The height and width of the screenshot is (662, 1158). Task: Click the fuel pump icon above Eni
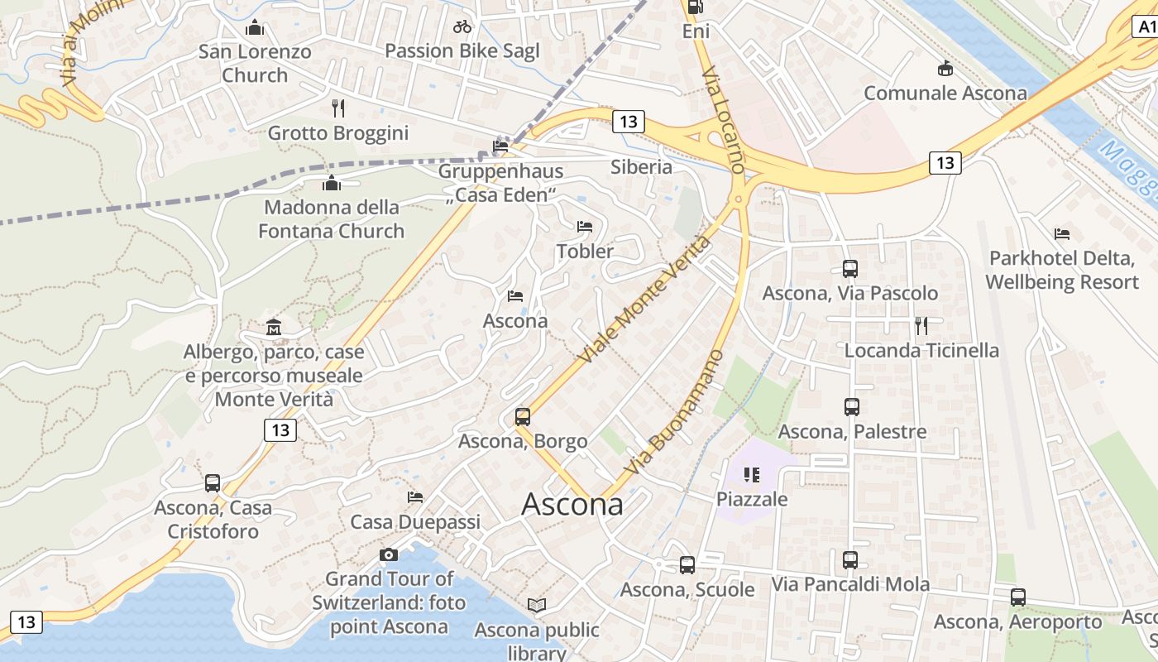click(x=696, y=7)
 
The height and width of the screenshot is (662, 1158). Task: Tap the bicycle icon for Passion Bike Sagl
click(x=462, y=26)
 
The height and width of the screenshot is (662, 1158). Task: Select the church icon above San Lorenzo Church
click(x=255, y=27)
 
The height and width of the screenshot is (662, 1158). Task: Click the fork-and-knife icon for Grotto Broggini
click(x=337, y=108)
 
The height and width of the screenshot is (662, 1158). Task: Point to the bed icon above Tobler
click(x=585, y=226)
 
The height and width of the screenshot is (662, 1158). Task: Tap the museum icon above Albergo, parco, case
click(x=274, y=328)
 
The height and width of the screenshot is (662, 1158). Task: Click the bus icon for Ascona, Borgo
click(x=523, y=416)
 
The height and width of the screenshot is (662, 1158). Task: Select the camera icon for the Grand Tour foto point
click(x=388, y=554)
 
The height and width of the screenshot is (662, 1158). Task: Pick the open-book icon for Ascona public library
click(x=537, y=606)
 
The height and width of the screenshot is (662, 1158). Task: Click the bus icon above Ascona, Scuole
click(x=687, y=565)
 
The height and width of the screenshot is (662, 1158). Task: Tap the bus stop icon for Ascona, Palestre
click(x=852, y=406)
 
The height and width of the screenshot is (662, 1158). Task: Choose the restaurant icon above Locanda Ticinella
click(x=921, y=325)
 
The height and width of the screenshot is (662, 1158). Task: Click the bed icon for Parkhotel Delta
click(x=1063, y=234)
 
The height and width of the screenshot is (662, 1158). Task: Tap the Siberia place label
click(x=641, y=166)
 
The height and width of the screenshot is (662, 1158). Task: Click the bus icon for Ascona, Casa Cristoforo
click(x=213, y=483)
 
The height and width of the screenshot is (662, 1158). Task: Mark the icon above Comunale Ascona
click(x=945, y=68)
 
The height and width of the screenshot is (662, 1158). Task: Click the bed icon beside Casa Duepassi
click(x=415, y=496)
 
